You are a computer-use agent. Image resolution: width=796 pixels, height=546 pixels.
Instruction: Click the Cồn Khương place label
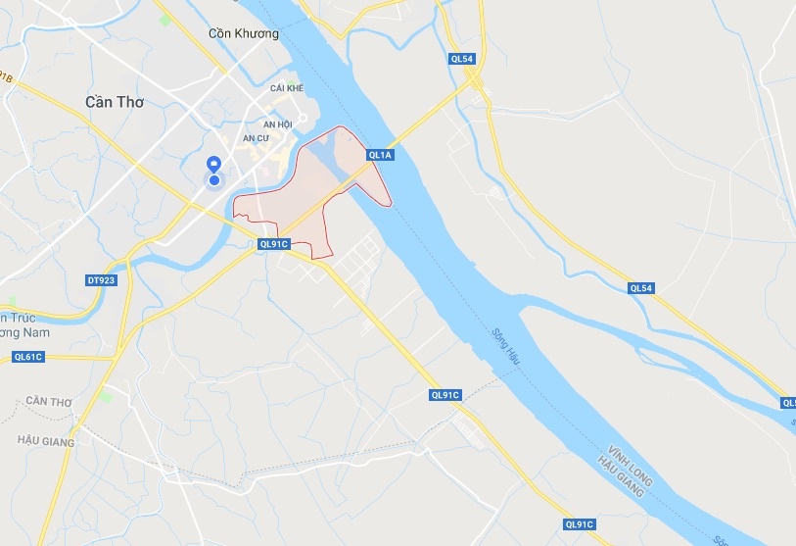point(244,33)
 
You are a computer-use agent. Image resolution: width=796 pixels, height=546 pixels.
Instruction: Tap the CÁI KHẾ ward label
point(288,88)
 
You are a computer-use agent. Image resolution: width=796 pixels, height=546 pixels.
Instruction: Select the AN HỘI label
point(278,124)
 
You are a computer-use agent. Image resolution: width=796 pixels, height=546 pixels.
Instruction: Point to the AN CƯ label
point(257,138)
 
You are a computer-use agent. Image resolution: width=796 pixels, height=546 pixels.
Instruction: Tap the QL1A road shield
point(380,155)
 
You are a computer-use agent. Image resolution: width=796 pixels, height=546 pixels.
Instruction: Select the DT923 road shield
point(101,280)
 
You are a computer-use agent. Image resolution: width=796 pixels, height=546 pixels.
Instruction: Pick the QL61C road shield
point(28,357)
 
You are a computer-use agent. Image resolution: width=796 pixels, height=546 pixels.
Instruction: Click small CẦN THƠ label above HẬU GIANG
point(50,403)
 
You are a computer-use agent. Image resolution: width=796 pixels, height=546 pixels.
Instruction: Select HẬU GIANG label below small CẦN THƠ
point(46,442)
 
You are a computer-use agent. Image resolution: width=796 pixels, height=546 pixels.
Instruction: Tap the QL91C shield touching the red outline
point(274,244)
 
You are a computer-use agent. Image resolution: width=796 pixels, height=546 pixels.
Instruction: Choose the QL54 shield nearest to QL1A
point(463,60)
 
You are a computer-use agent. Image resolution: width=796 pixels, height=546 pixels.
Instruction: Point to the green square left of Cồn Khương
point(165,20)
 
